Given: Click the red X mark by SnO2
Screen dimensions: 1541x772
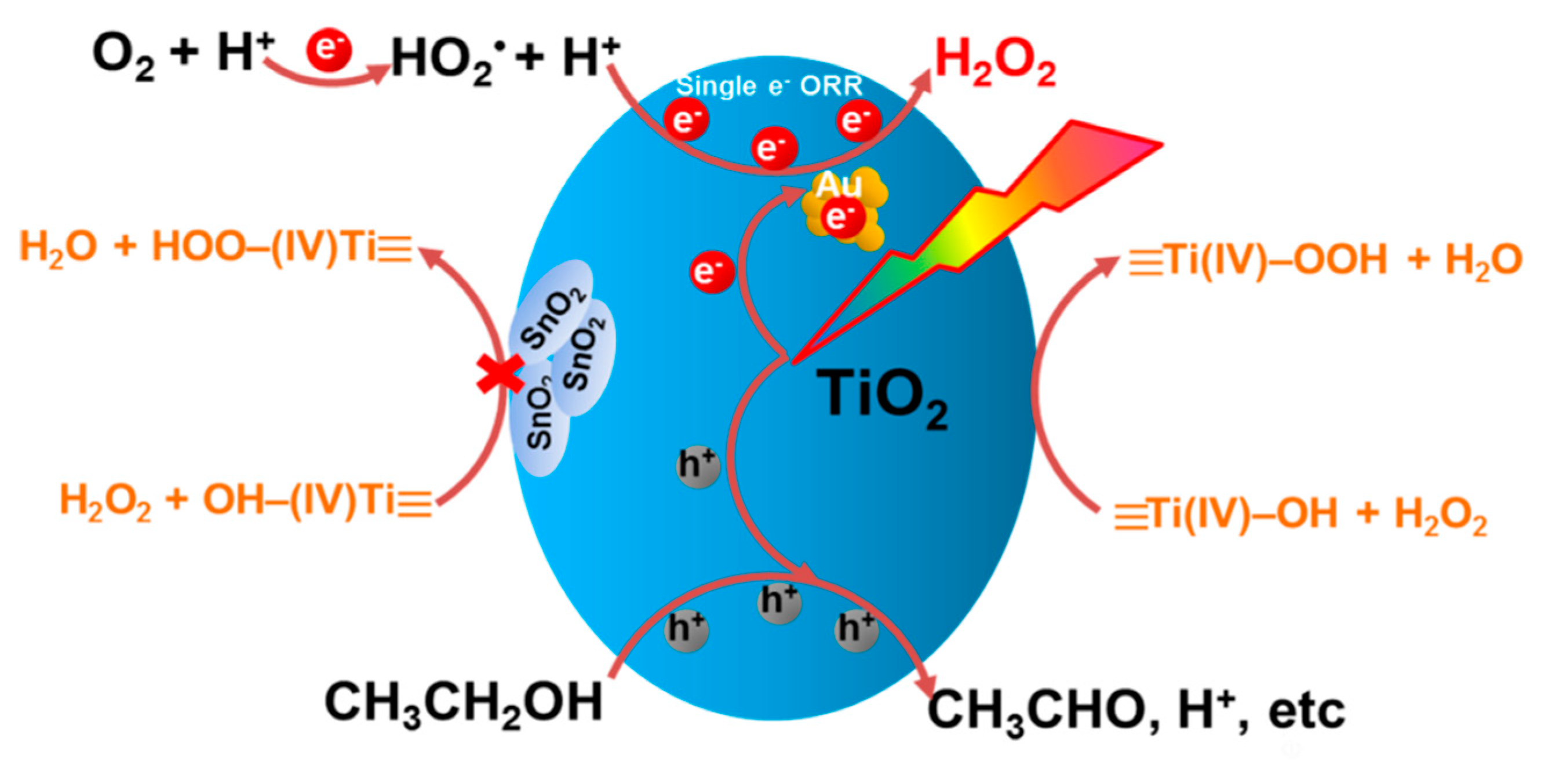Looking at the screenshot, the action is click(500, 373).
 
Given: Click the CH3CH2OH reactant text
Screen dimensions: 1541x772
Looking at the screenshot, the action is click(463, 704).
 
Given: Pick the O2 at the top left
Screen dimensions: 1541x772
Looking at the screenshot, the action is click(123, 57).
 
